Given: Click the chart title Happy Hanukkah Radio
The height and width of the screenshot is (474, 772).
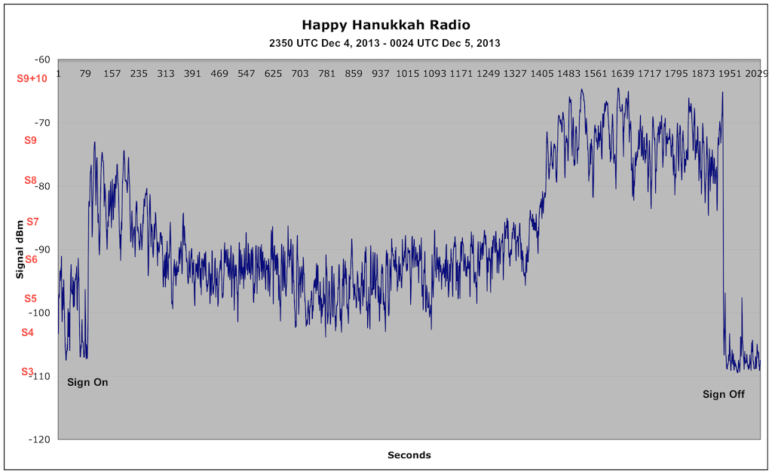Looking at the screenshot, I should point(385,26).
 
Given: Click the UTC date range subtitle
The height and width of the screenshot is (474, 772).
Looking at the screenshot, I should point(385,43).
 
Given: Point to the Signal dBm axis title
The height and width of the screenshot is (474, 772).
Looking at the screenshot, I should point(20,249).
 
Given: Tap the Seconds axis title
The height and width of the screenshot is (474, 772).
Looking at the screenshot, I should point(409,455).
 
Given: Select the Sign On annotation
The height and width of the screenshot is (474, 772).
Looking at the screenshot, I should point(87,382).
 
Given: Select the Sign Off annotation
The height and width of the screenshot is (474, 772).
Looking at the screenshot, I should point(724,394).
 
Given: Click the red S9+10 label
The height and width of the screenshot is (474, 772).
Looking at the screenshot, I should point(32,78).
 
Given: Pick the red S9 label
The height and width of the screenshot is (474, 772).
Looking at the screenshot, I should point(30,140).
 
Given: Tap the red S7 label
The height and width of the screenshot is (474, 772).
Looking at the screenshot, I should point(32,222).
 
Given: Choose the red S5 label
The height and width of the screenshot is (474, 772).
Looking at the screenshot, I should point(30,298).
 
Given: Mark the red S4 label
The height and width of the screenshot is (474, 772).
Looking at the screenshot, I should point(28,332).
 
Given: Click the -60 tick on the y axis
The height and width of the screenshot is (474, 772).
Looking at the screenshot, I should point(42,60).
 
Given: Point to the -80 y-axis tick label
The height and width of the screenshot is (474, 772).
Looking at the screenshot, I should point(42,186).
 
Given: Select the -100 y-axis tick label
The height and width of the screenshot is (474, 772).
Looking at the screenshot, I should point(40,313).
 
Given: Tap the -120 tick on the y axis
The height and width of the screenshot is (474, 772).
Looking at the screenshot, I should point(40,439).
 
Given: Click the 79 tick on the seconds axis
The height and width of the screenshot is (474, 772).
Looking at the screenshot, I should point(85,74).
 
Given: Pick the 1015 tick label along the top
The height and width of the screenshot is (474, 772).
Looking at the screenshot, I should point(408,74).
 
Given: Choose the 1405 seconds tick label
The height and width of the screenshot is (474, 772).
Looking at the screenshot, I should point(542,74).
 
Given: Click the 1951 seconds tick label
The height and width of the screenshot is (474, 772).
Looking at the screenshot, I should point(730,74).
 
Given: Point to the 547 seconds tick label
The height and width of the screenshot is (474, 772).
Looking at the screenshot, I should point(247,74).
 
